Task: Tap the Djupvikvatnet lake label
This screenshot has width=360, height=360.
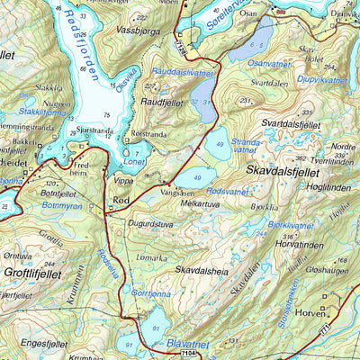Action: [x=321, y=80]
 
